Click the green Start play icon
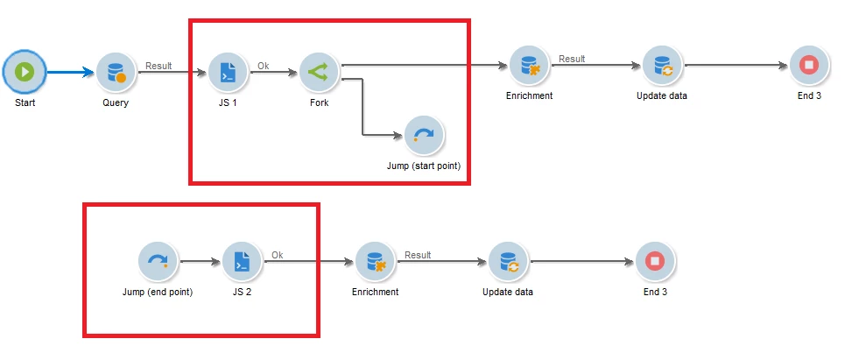pos(24,72)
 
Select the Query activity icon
pos(116,72)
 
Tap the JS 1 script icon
pos(228,72)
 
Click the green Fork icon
pos(319,72)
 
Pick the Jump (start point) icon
pos(424,134)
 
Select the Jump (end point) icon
pos(158,261)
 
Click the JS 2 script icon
pos(242,261)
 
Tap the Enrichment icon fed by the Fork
pos(529,65)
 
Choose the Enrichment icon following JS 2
pos(375,261)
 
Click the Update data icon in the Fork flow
pos(661,65)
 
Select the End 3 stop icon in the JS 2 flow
pos(654,261)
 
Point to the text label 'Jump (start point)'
pos(423,165)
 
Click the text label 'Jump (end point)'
pos(158,292)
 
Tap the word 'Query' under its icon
pos(116,102)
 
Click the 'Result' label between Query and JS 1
pos(158,65)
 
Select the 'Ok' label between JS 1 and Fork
pos(263,65)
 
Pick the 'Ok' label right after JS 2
pos(277,255)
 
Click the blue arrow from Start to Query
pos(70,72)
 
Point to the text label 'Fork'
pos(319,102)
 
